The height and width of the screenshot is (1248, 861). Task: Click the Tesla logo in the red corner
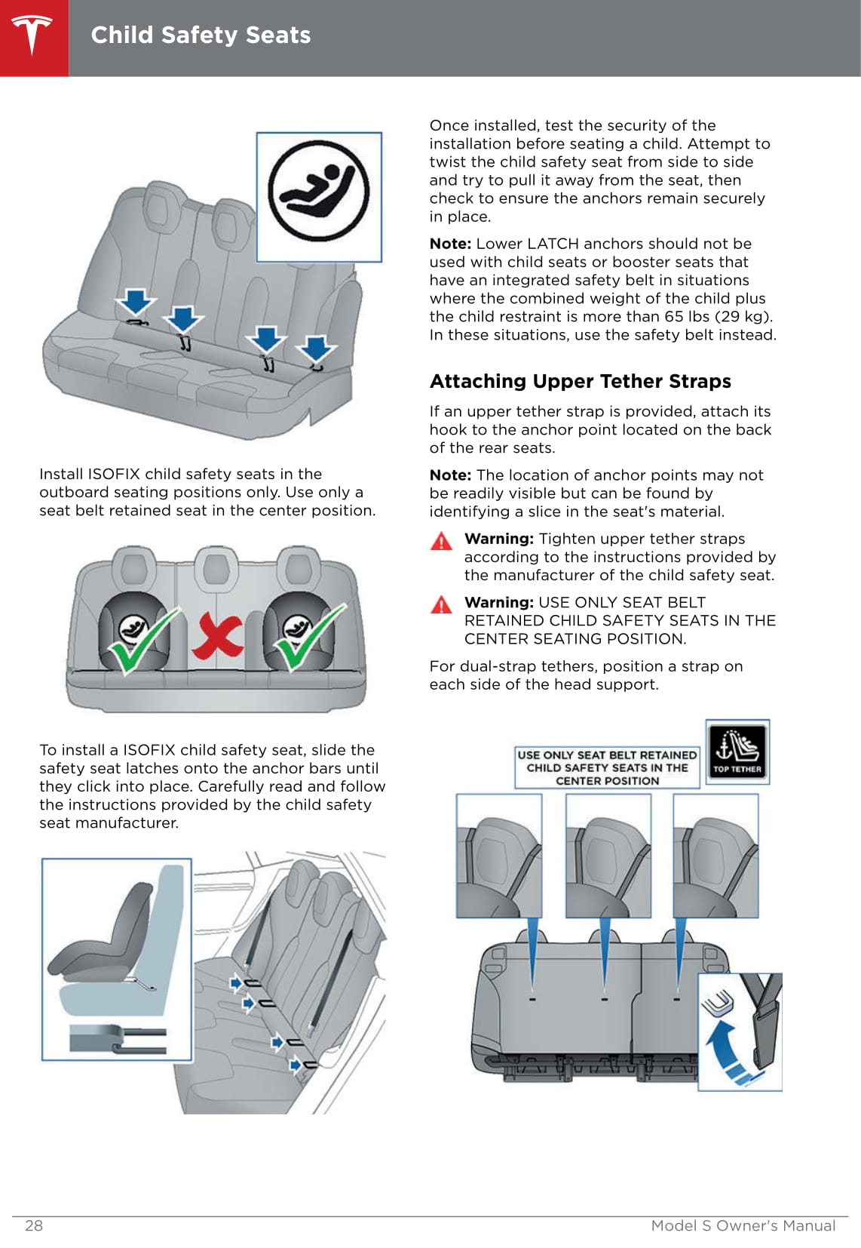coord(32,35)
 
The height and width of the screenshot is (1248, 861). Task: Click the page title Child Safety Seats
coord(201,35)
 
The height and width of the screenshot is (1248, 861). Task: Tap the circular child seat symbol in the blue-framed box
coord(319,191)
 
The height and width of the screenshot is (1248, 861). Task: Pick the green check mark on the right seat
coord(309,638)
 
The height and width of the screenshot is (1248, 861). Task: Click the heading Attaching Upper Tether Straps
coord(581,381)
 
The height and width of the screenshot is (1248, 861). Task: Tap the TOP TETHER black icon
coord(737,752)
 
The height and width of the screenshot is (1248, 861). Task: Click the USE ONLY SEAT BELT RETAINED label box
coord(607,768)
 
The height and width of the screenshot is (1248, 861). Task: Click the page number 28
coord(34,1225)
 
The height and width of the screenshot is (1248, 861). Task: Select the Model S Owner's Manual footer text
coord(743,1225)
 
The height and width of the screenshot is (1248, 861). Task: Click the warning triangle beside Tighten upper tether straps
coord(441,541)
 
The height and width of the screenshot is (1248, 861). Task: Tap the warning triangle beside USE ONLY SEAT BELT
coord(441,604)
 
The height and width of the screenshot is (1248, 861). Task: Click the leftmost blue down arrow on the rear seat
coord(136,302)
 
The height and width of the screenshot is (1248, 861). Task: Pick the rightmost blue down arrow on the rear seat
coord(316,349)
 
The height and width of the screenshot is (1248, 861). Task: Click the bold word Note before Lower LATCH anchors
coord(450,244)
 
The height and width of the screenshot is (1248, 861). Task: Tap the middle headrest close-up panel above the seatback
coord(608,855)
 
